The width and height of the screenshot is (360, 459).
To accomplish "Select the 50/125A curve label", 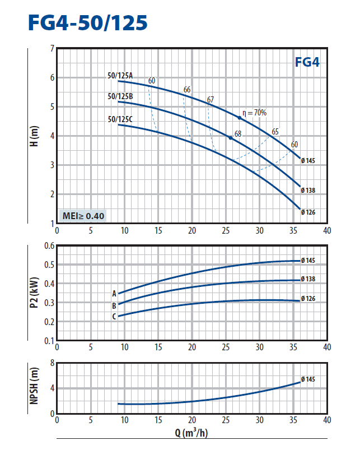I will [120, 76].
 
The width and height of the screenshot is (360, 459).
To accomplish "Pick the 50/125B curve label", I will [120, 96].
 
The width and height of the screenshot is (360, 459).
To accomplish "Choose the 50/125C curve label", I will [120, 119].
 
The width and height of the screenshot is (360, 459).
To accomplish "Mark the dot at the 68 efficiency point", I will [231, 138].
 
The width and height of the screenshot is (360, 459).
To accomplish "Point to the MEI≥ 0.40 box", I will [83, 215].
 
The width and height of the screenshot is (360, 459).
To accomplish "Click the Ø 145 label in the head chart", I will [308, 161].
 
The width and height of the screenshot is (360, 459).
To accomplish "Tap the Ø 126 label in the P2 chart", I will [308, 298].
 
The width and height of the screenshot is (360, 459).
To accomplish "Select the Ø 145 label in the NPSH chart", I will [308, 379].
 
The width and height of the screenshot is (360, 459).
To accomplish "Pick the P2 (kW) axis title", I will [35, 293].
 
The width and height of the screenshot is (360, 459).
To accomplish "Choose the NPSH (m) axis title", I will [35, 388].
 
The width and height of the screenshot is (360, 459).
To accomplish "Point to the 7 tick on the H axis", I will [52, 49].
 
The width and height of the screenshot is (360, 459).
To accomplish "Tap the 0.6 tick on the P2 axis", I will [49, 246].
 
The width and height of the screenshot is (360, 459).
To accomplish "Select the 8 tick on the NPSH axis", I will [52, 363].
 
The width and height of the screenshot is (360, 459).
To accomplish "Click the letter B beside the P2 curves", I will [114, 306].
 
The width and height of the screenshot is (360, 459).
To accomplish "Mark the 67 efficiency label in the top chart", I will [211, 100].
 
